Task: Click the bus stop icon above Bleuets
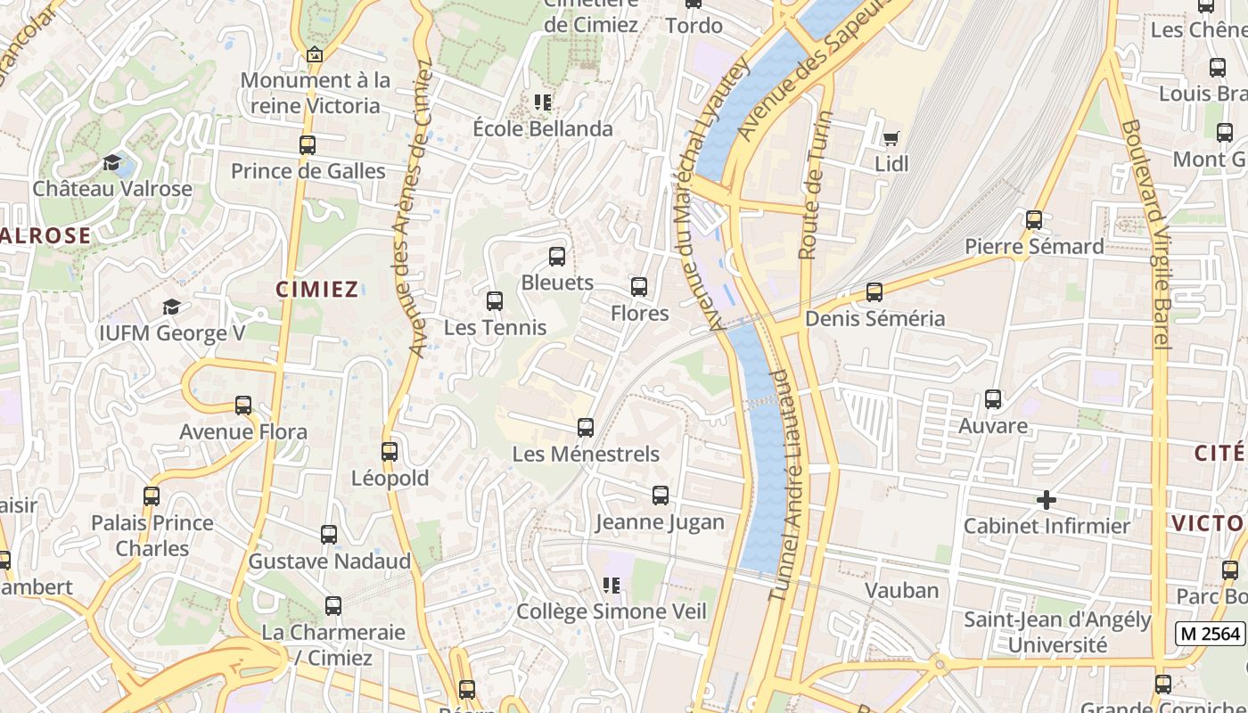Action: click(557, 257)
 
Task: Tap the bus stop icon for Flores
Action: click(638, 287)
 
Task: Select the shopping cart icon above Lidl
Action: click(891, 137)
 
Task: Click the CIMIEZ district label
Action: click(317, 289)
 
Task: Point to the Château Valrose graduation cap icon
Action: click(112, 162)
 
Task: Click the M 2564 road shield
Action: click(1210, 633)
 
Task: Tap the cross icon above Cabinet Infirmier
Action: click(1047, 500)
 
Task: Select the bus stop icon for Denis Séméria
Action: click(874, 292)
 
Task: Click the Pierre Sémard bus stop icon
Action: click(1034, 219)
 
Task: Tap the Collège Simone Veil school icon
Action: click(612, 586)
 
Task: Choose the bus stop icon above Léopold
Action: click(390, 452)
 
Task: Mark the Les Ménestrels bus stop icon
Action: click(586, 428)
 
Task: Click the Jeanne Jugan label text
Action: click(660, 522)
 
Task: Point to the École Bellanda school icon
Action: click(543, 102)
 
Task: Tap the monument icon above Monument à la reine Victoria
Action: click(314, 55)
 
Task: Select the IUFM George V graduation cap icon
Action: click(170, 307)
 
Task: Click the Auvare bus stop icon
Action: click(993, 399)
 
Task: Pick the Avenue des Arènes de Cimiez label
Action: click(418, 209)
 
